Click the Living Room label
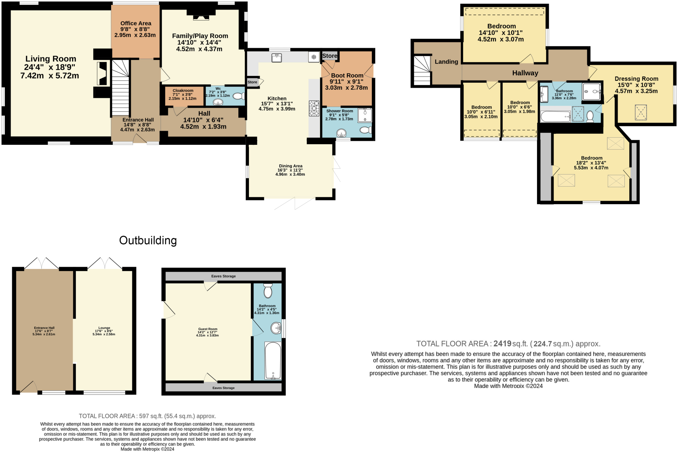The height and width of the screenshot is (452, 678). pyautogui.click(x=51, y=59)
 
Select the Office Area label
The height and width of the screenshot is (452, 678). pyautogui.click(x=136, y=23)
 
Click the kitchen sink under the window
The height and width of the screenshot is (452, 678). pyautogui.click(x=276, y=58)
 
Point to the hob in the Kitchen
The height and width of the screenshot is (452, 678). pyautogui.click(x=314, y=108)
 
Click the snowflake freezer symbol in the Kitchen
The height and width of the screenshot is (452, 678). pyautogui.click(x=314, y=57)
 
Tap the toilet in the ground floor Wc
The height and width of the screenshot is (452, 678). pyautogui.click(x=239, y=96)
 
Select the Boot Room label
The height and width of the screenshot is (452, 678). pyautogui.click(x=347, y=76)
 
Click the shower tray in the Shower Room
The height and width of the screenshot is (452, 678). pyautogui.click(x=364, y=115)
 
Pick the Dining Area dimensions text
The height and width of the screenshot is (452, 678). pyautogui.click(x=290, y=172)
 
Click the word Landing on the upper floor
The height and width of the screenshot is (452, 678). pyautogui.click(x=446, y=62)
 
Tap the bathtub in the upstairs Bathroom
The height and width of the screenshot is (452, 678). pyautogui.click(x=555, y=117)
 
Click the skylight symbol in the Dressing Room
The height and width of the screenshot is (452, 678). pyautogui.click(x=641, y=112)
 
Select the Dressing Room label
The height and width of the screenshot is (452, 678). pyautogui.click(x=636, y=79)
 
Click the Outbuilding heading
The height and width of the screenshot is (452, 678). pyautogui.click(x=148, y=240)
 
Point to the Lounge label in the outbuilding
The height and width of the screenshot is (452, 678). pyautogui.click(x=104, y=328)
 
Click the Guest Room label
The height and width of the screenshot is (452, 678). pyautogui.click(x=208, y=329)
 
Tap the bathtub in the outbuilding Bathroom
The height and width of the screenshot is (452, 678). pyautogui.click(x=273, y=361)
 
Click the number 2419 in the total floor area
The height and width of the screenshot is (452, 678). pyautogui.click(x=502, y=344)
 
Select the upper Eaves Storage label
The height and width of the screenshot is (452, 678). pyautogui.click(x=223, y=276)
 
